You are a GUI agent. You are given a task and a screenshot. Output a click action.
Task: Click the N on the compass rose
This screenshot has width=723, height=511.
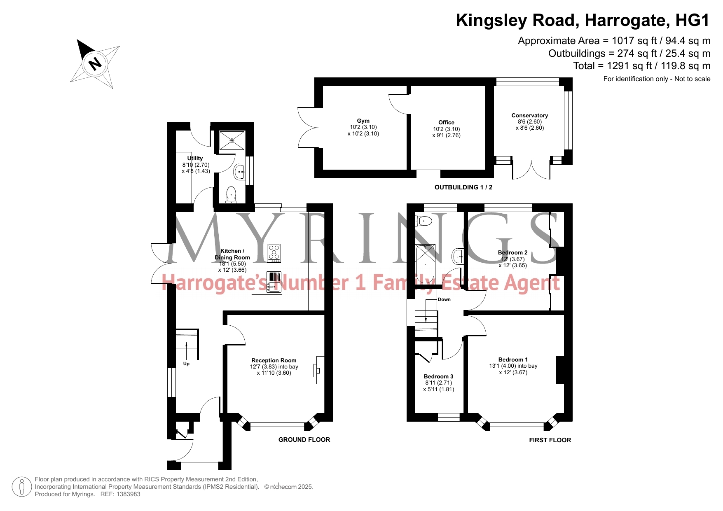point(95,64)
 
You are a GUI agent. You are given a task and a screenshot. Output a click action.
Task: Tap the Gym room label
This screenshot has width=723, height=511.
point(363,121)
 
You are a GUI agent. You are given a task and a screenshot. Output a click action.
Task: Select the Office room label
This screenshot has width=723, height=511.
point(446,122)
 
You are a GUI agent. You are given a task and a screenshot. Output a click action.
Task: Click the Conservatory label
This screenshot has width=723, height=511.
point(530,115)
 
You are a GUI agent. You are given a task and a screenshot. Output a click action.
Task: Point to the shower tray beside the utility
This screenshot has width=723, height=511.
point(232,140)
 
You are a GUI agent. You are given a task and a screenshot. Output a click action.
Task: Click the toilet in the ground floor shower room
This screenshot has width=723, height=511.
point(231,195)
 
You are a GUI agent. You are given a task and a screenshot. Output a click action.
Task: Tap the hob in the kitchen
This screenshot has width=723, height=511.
point(274,252)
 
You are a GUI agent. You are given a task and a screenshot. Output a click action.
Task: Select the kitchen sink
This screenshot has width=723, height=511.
point(274,282)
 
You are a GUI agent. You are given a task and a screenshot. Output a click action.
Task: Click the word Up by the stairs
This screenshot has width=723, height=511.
point(186,364)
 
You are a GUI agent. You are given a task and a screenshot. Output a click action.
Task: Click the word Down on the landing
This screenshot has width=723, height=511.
point(444,299)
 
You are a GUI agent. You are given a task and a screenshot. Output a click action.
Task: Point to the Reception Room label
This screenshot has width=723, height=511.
point(274,360)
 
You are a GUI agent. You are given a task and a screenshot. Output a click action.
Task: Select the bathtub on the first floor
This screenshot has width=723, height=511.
point(425,264)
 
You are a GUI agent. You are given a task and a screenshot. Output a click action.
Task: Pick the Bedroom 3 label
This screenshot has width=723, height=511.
point(439,376)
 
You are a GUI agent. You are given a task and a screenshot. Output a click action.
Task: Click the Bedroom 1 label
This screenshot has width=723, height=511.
point(513,359)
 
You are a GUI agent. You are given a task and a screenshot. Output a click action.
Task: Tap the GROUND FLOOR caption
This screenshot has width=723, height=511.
point(304,440)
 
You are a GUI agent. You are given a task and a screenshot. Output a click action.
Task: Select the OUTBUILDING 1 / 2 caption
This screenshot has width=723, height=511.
point(463,187)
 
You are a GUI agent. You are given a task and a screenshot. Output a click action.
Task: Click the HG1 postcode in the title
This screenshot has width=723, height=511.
point(693,20)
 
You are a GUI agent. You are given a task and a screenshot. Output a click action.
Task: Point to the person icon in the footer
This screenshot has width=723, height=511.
point(22,487)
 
